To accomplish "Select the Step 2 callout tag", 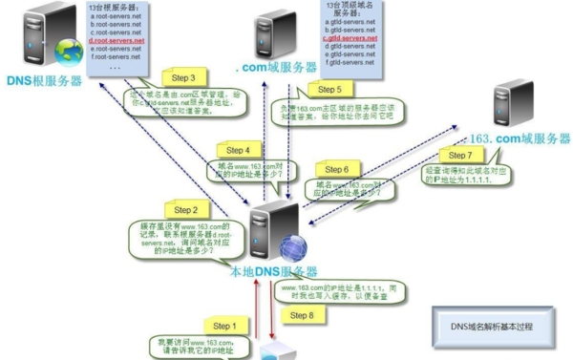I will [185, 209].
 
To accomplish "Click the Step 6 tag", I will [336, 169].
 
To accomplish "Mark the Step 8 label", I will [301, 315].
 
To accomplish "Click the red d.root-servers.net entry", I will [117, 41].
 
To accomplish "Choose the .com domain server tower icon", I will [275, 33].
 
